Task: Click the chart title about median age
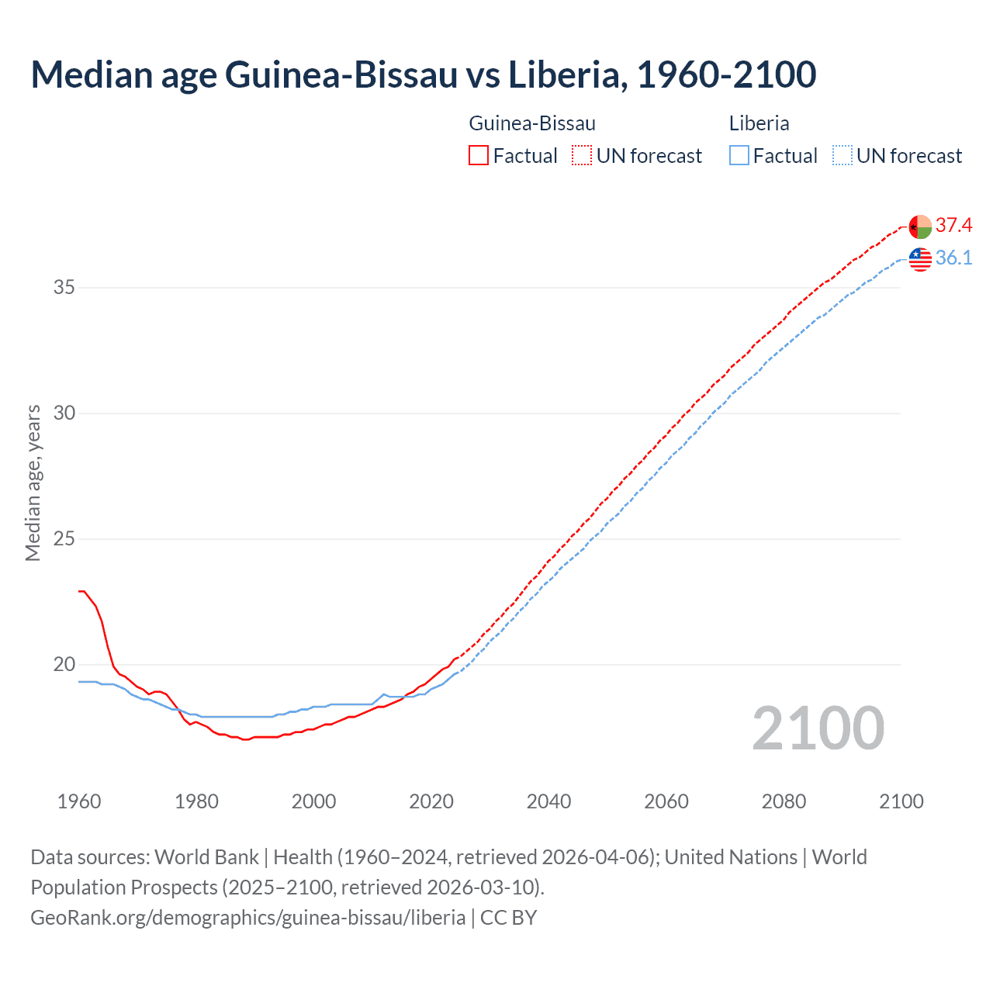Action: (423, 74)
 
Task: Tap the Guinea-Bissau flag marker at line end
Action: (920, 227)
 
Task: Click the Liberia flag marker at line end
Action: (920, 259)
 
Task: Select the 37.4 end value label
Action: (953, 226)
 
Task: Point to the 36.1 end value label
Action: (953, 258)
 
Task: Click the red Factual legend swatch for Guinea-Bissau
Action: (479, 156)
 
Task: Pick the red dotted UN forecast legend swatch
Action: (582, 156)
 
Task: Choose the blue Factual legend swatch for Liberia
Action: (739, 156)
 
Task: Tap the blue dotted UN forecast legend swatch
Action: (842, 156)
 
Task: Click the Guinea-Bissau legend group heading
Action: (532, 123)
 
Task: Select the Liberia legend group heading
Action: (759, 123)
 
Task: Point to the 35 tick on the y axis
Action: (64, 288)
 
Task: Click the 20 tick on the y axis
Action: (64, 665)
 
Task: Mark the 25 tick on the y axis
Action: (64, 539)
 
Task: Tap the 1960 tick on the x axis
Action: (79, 801)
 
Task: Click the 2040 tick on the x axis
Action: (548, 801)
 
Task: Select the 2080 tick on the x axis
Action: (784, 801)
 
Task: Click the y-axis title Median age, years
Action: (33, 483)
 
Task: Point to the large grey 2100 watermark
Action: (818, 728)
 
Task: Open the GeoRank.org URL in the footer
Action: (247, 918)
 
